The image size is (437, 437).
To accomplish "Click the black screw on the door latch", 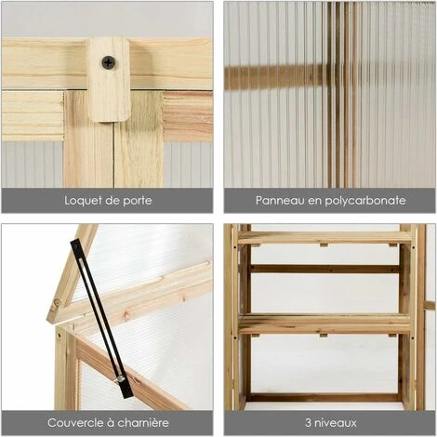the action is tap(109, 62).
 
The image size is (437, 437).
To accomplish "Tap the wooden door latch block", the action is tap(109, 79).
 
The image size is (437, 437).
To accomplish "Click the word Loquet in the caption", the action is tap(84, 201).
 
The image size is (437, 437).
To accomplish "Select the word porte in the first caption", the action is tap(138, 201).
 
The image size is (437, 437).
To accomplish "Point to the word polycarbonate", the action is tap(365, 201).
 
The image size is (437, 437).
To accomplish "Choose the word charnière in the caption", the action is tap(143, 423).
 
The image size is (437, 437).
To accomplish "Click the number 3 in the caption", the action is tap(308, 423).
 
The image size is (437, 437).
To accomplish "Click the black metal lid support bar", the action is tap(101, 319).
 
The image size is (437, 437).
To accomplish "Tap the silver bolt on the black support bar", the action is tap(119, 378).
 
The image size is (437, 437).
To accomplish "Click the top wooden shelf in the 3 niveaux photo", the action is tap(325, 238).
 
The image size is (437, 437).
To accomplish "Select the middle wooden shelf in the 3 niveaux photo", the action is tap(324, 324).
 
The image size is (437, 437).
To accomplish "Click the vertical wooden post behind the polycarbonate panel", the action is tap(342, 95).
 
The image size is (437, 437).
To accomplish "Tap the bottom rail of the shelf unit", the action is tap(324, 397).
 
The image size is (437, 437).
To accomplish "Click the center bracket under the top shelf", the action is tap(324, 245).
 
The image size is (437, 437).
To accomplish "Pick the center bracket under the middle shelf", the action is tap(324, 336).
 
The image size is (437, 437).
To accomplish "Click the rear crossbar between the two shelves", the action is tap(324, 269).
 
